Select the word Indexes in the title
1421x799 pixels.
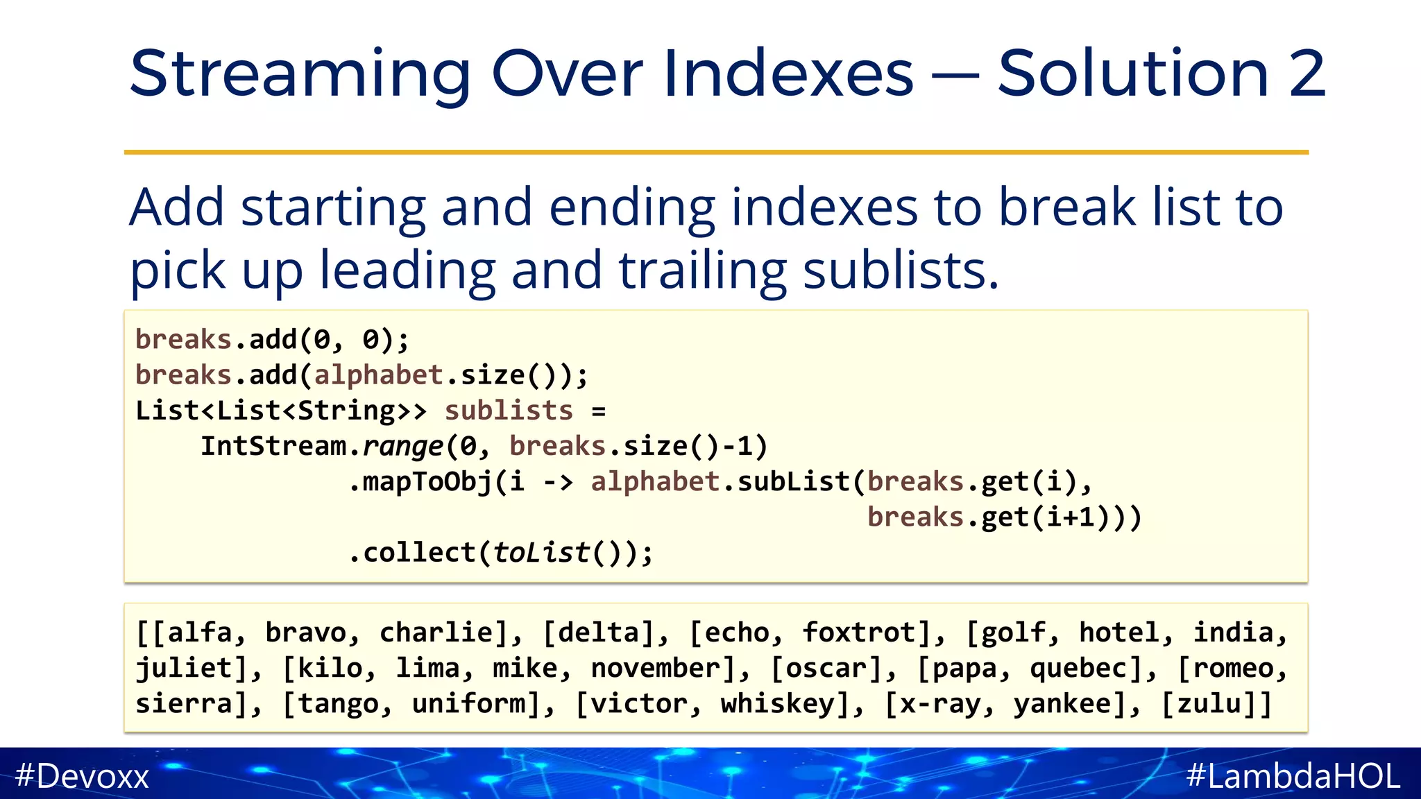coord(788,74)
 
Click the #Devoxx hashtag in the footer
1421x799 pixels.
coord(82,775)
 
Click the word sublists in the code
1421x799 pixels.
coord(509,411)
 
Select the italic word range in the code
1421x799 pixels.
coord(402,447)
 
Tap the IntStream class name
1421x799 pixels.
coord(273,446)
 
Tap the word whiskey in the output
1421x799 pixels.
coord(778,704)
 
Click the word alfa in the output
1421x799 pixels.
coord(200,633)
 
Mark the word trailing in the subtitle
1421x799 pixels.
coord(703,270)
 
